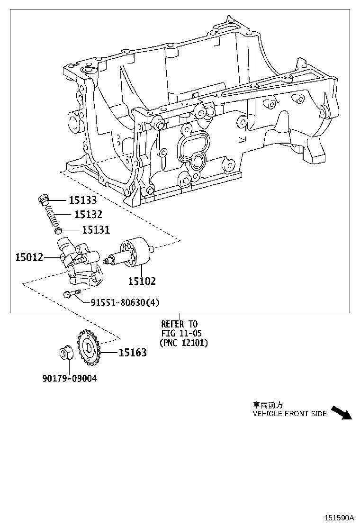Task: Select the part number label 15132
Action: (x=88, y=215)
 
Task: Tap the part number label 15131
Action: (x=96, y=230)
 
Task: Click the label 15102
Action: (x=142, y=281)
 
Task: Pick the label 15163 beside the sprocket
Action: (x=132, y=352)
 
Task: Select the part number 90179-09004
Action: (x=69, y=379)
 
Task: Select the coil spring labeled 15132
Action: (x=52, y=216)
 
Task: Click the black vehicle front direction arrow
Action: (x=342, y=413)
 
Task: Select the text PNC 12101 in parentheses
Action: (x=184, y=343)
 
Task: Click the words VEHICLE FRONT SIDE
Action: (x=289, y=414)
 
